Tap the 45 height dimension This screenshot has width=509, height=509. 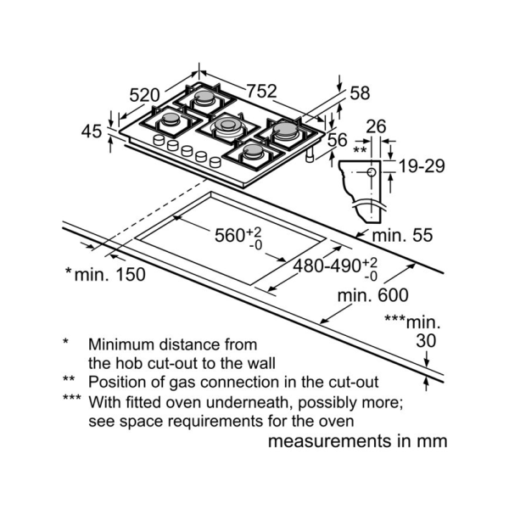(x=92, y=131)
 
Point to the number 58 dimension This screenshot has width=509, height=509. (x=360, y=92)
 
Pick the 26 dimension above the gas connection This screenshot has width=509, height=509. (x=376, y=126)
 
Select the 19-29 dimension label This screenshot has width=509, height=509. (x=422, y=166)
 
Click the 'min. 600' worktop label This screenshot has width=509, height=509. (x=372, y=295)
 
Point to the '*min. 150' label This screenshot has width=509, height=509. (x=104, y=274)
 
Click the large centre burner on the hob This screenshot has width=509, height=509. (x=227, y=127)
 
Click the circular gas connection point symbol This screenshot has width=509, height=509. (x=371, y=172)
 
